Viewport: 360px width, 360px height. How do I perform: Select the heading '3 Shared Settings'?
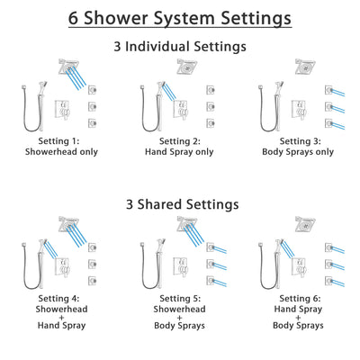(180, 204)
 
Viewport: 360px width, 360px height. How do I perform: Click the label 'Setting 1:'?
(63, 140)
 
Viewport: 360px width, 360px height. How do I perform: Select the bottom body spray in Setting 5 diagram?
(209, 268)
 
